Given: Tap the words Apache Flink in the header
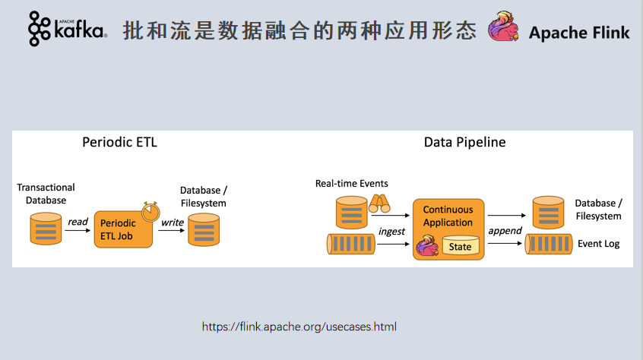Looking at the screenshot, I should pos(579,33).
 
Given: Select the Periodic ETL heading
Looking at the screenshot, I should pos(119,142).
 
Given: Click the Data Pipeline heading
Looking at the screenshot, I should pos(464,142).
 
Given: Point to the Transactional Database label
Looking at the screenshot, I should pos(46,194).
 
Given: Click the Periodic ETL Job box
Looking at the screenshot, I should pos(122,229).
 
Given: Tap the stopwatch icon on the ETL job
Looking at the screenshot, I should pos(150,208).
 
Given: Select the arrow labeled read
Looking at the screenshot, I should pos(78,230).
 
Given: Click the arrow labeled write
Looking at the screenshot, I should pos(173,230).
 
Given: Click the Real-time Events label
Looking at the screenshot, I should pos(351,184).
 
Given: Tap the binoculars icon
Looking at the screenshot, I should pos(379,204).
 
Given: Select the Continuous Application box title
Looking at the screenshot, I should pos(448,216).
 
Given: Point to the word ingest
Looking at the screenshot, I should pos(391,231).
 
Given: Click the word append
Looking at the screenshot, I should pos(505,231).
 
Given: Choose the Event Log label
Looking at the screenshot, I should pos(598,244).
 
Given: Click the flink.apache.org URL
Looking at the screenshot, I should pos(299,327).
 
